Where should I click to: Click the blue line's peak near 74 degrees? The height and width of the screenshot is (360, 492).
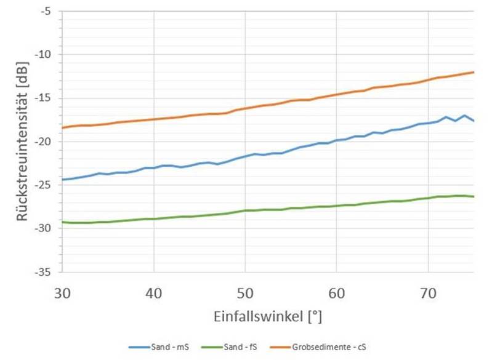[x=464, y=115]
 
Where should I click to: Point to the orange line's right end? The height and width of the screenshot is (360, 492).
[x=473, y=72]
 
